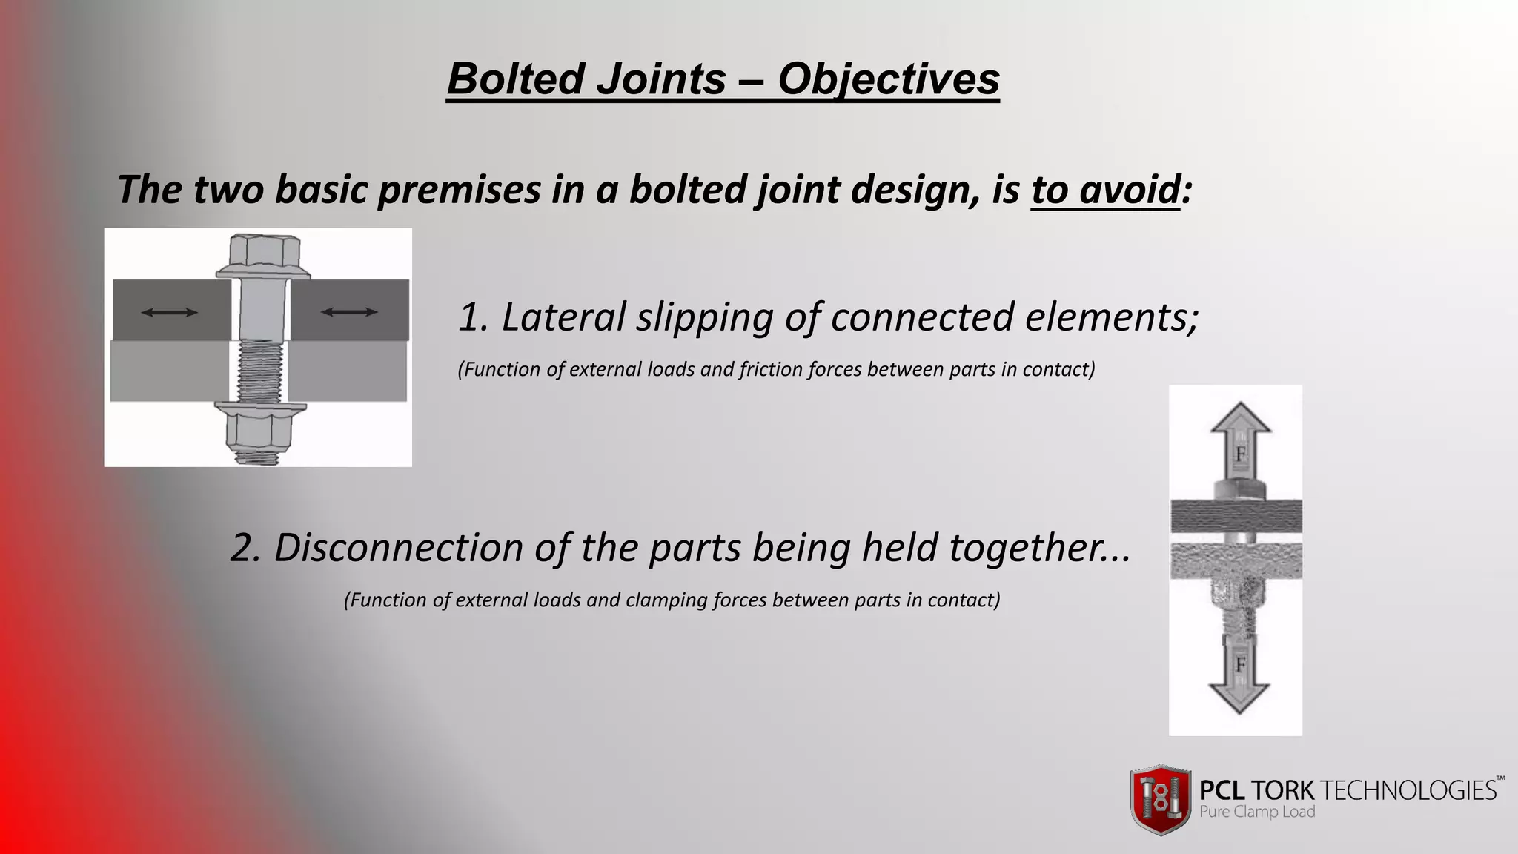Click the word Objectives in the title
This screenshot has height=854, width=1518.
click(888, 79)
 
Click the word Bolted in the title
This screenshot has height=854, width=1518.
click(514, 79)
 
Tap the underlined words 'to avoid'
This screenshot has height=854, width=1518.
click(1104, 190)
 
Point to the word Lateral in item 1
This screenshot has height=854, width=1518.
click(563, 317)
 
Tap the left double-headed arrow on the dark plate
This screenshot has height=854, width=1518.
click(170, 313)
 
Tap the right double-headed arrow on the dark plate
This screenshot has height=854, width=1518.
click(349, 313)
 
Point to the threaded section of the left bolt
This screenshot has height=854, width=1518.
click(260, 371)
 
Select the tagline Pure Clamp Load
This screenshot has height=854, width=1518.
click(1257, 812)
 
